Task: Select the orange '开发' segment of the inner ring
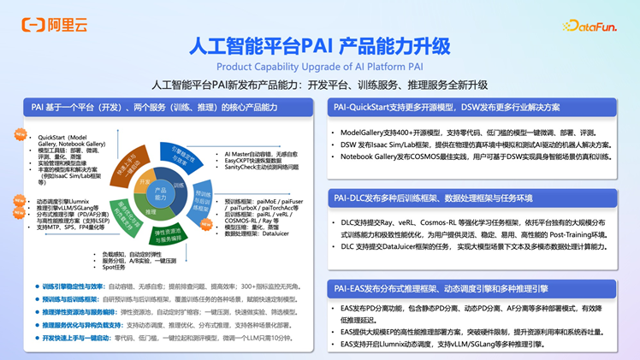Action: point(144,182)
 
